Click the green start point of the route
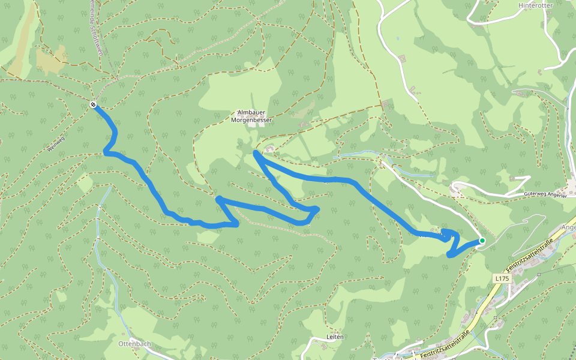(482, 241)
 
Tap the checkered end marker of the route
(94, 105)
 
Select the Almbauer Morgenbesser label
(251, 116)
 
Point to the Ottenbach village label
(134, 344)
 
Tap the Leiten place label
(335, 337)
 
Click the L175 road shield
(502, 278)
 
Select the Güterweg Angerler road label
(545, 195)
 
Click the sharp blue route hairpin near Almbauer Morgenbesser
(256, 154)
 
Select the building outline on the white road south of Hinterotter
(401, 58)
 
